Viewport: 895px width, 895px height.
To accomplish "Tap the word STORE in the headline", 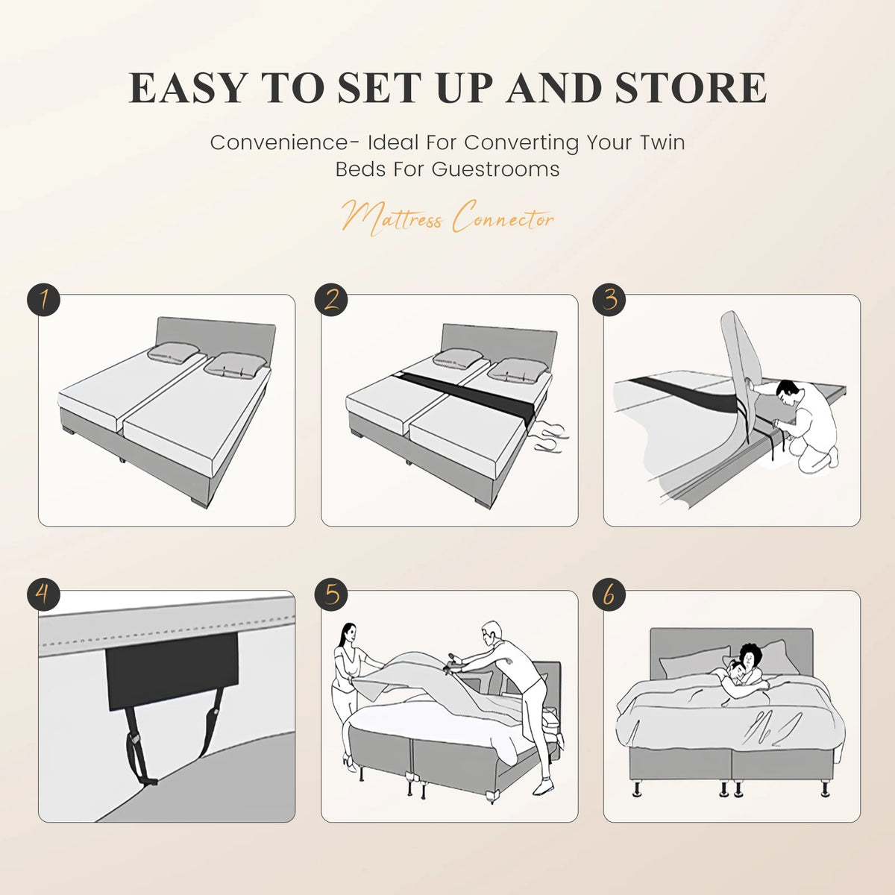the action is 691,88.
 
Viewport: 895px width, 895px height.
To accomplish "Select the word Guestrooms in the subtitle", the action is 495,169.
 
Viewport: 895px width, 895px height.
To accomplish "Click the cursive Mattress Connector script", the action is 447,218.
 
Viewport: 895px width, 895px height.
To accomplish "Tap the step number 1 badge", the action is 44,300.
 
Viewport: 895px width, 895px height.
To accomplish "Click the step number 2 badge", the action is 331,300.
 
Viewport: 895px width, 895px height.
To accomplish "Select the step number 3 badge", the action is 609,300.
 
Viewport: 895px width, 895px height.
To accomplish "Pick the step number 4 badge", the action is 44,594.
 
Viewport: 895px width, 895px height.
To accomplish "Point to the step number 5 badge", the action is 331,594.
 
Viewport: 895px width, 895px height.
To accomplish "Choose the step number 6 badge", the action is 609,594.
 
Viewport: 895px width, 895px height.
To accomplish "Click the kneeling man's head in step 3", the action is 788,393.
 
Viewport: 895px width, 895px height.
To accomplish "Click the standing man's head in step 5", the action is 492,633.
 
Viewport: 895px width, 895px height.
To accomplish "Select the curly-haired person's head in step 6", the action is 749,656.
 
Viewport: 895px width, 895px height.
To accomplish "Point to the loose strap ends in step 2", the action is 551,438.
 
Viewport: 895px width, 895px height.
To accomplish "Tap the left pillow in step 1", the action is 173,353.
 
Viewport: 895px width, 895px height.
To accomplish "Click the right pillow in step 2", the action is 518,368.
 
